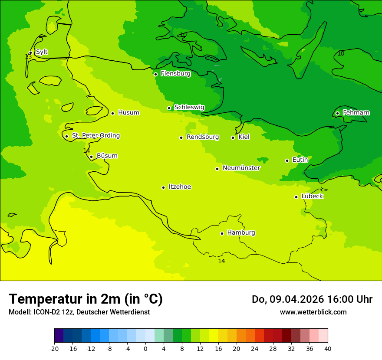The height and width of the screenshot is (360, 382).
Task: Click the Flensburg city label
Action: (x=175, y=74)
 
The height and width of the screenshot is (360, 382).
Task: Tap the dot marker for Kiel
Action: (x=233, y=137)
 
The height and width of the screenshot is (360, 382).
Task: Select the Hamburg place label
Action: (x=241, y=233)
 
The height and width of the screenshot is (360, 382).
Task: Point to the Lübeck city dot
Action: (x=296, y=197)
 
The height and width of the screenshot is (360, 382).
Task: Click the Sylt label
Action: (x=42, y=52)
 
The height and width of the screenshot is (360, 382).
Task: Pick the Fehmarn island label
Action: (x=356, y=113)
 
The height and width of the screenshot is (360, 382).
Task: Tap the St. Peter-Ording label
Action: (x=95, y=136)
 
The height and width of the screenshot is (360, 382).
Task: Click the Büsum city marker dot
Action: (x=91, y=157)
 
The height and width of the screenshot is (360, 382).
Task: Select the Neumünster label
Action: (x=241, y=168)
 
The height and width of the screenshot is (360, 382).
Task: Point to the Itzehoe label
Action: (x=180, y=187)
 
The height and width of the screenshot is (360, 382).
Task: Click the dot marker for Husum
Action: (x=112, y=113)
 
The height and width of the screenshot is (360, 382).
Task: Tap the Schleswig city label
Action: (x=189, y=108)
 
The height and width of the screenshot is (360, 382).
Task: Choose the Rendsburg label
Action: (x=203, y=137)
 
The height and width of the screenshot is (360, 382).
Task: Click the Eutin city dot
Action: (x=287, y=160)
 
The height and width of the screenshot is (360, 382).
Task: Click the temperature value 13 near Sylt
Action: (x=28, y=57)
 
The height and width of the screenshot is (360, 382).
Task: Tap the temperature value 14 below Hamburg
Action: (x=221, y=261)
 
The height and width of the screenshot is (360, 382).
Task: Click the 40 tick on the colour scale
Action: (x=327, y=348)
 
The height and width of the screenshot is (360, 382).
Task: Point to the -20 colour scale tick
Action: (x=54, y=348)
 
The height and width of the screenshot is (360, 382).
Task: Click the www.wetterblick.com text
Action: (x=313, y=312)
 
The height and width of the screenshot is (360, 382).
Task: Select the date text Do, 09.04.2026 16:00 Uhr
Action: (x=312, y=299)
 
